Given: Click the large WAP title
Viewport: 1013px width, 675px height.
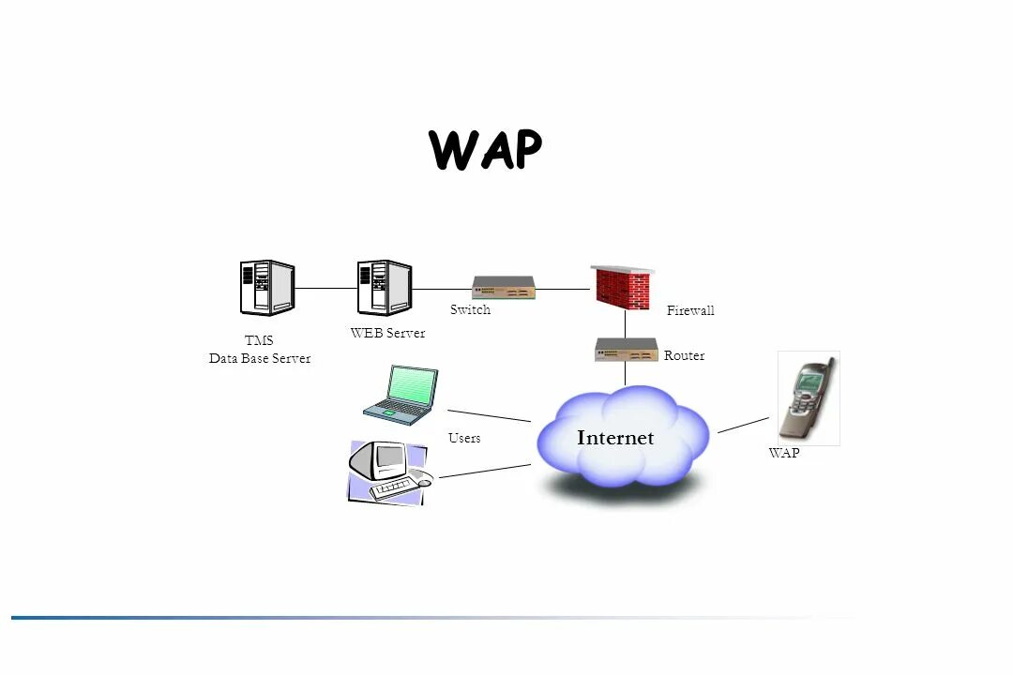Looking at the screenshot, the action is tap(485, 150).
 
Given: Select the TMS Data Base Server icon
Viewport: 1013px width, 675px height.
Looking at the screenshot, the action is tap(267, 287).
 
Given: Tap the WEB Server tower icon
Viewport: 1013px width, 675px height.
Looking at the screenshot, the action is tap(385, 288).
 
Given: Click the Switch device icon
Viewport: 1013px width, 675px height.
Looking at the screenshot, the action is tap(504, 287).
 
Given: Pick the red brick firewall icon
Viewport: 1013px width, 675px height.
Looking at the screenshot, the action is tap(621, 287).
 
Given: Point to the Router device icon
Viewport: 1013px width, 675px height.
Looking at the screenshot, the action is tap(627, 350).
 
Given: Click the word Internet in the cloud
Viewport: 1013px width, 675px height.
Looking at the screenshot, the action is tap(615, 438).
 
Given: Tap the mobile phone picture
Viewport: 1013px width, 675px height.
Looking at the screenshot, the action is tap(808, 397).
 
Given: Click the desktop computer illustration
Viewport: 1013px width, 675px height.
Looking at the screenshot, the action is tap(387, 472).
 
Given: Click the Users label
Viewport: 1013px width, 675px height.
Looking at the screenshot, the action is tap(464, 438).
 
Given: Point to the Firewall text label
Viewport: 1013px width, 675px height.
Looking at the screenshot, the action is tap(690, 310).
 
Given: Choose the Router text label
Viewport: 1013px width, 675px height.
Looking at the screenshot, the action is tap(684, 356).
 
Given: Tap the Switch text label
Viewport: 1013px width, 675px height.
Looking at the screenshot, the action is tap(470, 310).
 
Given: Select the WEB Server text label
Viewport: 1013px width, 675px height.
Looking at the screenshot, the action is tap(387, 333).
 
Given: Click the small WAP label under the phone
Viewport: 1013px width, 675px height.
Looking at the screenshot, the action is tap(784, 453).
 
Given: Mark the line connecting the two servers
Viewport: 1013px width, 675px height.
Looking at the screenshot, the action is tap(325, 289).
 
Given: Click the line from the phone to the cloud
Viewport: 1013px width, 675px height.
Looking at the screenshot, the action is tap(743, 426).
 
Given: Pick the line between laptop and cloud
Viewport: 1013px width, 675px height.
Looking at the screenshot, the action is tap(489, 415).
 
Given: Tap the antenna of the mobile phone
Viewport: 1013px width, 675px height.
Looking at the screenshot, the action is tap(829, 365).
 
